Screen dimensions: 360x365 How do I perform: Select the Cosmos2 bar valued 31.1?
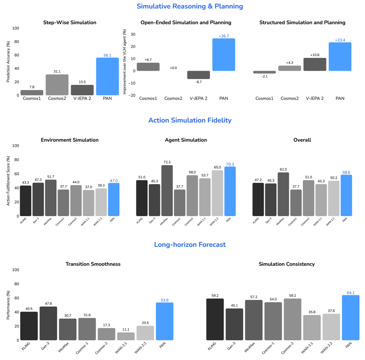pos(57,85)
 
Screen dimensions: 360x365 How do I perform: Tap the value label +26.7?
pos(224,36)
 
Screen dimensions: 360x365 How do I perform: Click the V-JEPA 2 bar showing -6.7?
pos(199,75)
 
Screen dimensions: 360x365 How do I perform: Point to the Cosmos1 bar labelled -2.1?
pos(264,72)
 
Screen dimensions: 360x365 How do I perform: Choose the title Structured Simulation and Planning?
pos(302,23)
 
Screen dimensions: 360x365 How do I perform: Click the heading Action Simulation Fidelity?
pos(190,120)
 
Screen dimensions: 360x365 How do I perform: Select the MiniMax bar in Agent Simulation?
pos(167,190)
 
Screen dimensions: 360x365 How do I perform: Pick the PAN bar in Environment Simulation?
pos(114,199)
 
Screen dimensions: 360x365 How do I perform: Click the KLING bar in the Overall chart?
pos(258,199)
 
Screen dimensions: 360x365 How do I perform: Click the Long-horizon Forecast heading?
pos(190,245)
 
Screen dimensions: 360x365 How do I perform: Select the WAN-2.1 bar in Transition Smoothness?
pos(126,336)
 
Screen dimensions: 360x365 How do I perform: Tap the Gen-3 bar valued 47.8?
pos(48,323)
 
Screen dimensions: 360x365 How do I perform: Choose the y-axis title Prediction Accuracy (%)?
pos(8,62)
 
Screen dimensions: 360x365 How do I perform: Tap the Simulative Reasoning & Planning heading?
pos(190,6)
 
